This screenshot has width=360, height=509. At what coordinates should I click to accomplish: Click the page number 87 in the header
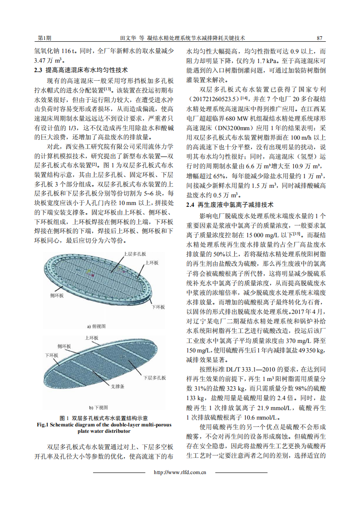pos(319,38)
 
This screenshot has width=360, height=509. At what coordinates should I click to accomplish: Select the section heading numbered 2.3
pos(81,70)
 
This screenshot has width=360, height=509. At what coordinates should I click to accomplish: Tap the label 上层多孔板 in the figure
pos(135,254)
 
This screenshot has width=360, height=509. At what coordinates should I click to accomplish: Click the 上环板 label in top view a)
pos(152,263)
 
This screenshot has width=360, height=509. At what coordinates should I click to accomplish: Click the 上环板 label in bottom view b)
pos(93,338)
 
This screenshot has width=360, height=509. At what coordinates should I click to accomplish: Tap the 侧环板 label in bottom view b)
pos(64,346)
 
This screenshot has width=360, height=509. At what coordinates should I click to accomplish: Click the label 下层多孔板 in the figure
pos(154,377)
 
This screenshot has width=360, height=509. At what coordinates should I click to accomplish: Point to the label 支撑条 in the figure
pos(117,387)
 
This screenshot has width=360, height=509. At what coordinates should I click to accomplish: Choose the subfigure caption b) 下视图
pos(99,407)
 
